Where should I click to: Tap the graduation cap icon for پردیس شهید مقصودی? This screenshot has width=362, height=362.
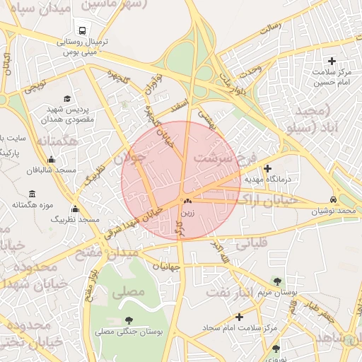tap(67, 99)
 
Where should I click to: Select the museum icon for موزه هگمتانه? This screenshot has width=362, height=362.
tap(32, 194)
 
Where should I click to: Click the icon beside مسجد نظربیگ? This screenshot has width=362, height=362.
tap(75, 209)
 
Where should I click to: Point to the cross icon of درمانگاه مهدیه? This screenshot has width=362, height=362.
tap(267, 168)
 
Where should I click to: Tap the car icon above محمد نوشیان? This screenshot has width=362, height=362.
tap(333, 199)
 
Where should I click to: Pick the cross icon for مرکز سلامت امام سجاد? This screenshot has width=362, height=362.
tap(239, 317)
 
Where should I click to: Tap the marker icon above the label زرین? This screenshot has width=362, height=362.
tap(187, 202)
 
